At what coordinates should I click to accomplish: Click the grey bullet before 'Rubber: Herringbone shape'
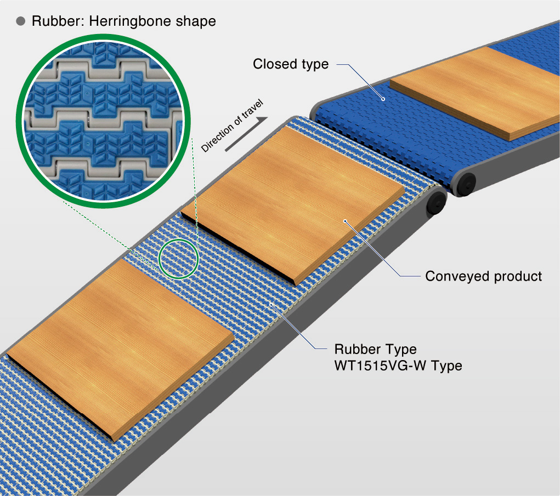(21, 21)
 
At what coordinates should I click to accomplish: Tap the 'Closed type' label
(290, 64)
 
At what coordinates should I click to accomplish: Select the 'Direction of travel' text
(233, 126)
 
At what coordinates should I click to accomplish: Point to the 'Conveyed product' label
(483, 276)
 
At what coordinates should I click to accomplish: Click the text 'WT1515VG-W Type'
(398, 365)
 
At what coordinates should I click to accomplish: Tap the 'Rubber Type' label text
(375, 349)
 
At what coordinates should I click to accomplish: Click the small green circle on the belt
(178, 257)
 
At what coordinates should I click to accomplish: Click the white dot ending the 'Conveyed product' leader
(345, 221)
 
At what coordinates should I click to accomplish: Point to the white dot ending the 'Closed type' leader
(383, 99)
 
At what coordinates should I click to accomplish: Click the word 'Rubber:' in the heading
(54, 21)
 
